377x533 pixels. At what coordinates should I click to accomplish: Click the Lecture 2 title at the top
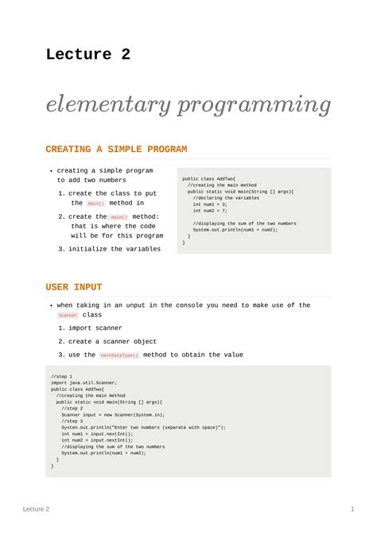(87, 55)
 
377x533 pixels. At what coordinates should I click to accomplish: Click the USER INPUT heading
(74, 287)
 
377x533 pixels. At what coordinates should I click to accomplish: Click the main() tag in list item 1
(95, 204)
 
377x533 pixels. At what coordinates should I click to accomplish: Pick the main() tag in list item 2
(119, 217)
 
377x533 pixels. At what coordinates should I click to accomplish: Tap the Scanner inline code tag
(68, 316)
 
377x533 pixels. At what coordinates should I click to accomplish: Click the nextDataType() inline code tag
(119, 356)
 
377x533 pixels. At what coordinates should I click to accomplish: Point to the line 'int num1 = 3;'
(210, 204)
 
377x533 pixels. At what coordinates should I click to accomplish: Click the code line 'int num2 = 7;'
(210, 211)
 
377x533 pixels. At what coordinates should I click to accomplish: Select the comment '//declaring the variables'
(226, 198)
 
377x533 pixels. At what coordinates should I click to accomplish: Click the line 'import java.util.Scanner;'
(84, 383)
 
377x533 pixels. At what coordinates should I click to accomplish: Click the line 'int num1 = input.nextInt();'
(97, 434)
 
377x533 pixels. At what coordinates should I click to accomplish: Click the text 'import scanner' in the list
(95, 328)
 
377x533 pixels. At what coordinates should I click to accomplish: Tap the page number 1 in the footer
(352, 509)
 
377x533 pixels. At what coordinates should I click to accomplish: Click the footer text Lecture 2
(36, 509)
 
